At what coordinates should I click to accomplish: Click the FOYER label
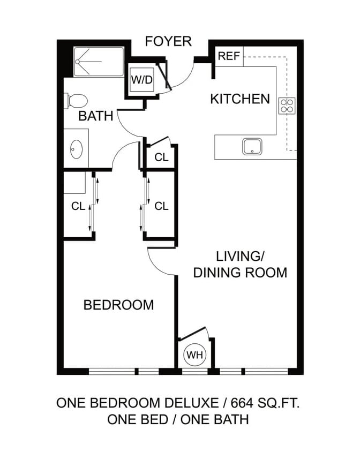(x=168, y=41)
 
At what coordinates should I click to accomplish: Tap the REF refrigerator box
(x=229, y=56)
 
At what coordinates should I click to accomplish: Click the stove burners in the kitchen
(x=287, y=105)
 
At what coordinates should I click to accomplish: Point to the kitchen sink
(x=252, y=146)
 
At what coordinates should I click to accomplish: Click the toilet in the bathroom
(x=77, y=100)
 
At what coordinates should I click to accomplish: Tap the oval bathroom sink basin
(x=76, y=148)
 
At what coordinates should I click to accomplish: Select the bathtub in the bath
(x=99, y=62)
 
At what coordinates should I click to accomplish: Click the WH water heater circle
(x=194, y=355)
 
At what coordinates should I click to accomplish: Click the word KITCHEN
(x=239, y=99)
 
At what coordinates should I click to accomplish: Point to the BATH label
(x=96, y=116)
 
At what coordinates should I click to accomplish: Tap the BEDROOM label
(x=118, y=305)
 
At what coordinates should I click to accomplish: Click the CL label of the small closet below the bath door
(x=161, y=157)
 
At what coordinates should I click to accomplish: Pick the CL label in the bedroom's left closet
(x=78, y=206)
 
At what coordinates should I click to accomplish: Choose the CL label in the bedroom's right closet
(x=161, y=206)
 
